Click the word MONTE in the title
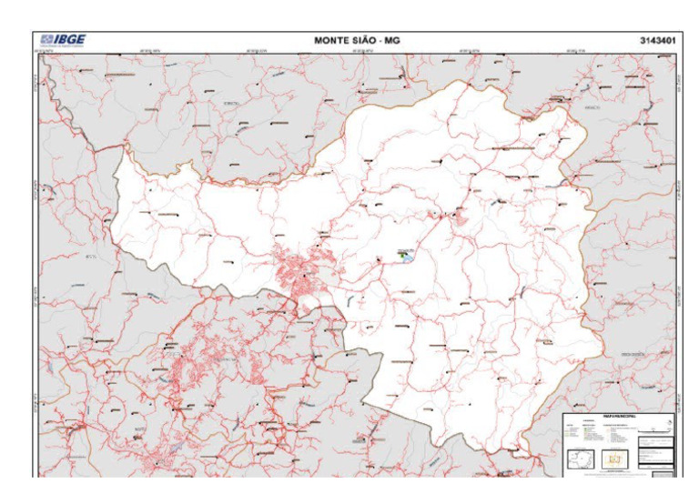[x=336, y=40]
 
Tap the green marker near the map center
[x=400, y=256]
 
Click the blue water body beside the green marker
[x=409, y=258]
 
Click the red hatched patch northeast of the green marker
[x=460, y=217]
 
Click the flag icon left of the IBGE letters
[x=46, y=40]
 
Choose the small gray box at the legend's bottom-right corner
[x=664, y=472]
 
